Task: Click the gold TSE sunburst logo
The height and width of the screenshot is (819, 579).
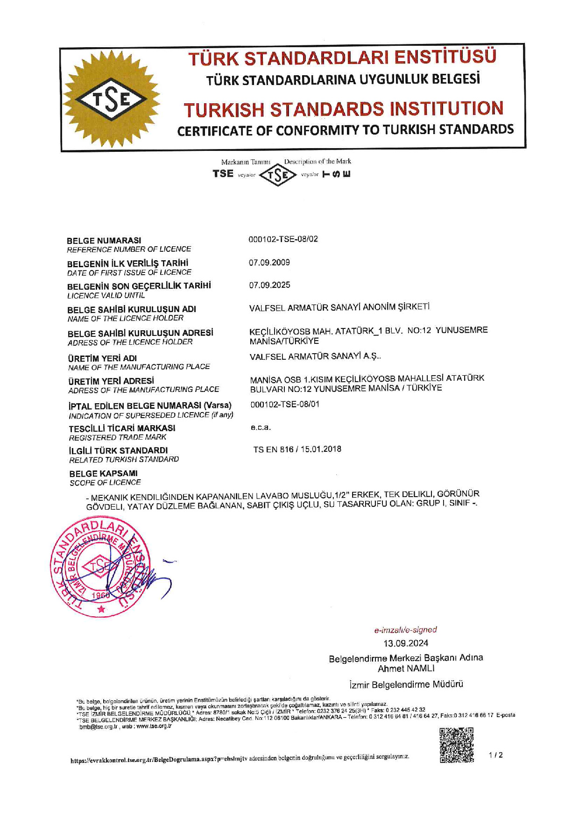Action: [111, 99]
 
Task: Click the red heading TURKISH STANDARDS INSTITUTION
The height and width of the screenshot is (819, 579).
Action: [344, 109]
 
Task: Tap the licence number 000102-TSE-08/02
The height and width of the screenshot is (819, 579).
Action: [283, 239]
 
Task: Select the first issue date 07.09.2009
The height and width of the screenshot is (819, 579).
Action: [269, 262]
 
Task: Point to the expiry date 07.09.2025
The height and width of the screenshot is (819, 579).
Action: [269, 285]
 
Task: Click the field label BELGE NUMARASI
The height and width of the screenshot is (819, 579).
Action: [104, 241]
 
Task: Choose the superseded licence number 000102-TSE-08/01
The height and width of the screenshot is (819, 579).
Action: [285, 404]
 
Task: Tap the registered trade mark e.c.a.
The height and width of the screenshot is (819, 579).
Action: [261, 427]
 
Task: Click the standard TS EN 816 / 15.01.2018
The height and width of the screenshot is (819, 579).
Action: [297, 449]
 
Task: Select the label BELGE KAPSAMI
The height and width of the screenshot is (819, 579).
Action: [103, 473]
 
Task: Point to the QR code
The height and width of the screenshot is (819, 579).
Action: [457, 745]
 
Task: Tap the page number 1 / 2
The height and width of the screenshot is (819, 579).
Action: [496, 755]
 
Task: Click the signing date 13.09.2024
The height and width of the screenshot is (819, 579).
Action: [406, 643]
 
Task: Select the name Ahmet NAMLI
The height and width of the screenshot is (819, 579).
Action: [406, 669]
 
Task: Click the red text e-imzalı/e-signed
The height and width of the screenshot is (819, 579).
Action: [405, 630]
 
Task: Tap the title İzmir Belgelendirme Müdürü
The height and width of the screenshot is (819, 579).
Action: [406, 684]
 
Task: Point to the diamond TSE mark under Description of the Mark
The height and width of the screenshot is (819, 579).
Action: [278, 175]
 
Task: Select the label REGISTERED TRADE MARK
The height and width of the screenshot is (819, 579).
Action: [118, 438]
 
